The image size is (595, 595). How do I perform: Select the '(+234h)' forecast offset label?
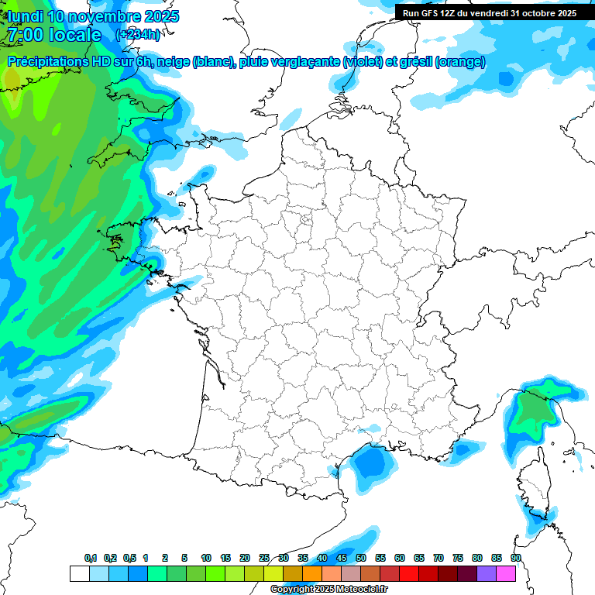[x=137, y=35]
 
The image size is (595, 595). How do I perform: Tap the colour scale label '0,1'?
[x=91, y=559]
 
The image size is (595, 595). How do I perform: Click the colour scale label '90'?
[x=516, y=559]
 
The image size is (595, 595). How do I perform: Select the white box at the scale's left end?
[x=79, y=573]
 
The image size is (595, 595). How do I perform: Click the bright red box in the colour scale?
[x=409, y=573]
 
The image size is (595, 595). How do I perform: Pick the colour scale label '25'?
[x=264, y=559]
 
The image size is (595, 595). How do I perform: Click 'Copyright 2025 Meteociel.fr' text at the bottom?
[x=329, y=590]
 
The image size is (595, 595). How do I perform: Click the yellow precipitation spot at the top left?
[x=11, y=78]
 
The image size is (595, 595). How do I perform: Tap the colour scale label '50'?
[x=361, y=559]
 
